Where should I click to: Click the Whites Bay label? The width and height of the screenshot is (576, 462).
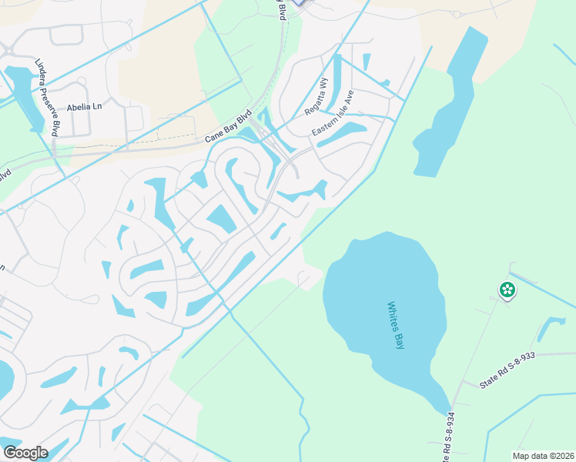pyautogui.click(x=397, y=326)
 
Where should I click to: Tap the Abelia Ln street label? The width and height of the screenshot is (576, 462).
pyautogui.click(x=84, y=108)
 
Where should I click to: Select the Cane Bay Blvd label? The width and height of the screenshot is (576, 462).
pyautogui.click(x=229, y=128)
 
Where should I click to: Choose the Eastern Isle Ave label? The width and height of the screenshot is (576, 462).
pyautogui.click(x=333, y=114)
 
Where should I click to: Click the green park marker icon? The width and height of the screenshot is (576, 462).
pyautogui.click(x=507, y=290)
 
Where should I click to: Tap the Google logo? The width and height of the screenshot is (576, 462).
pyautogui.click(x=25, y=453)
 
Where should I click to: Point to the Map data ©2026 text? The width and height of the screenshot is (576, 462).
pyautogui.click(x=542, y=455)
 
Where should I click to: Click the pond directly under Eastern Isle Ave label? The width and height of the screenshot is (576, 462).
pyautogui.click(x=343, y=135)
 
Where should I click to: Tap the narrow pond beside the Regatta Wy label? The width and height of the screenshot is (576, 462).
pyautogui.click(x=333, y=85)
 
